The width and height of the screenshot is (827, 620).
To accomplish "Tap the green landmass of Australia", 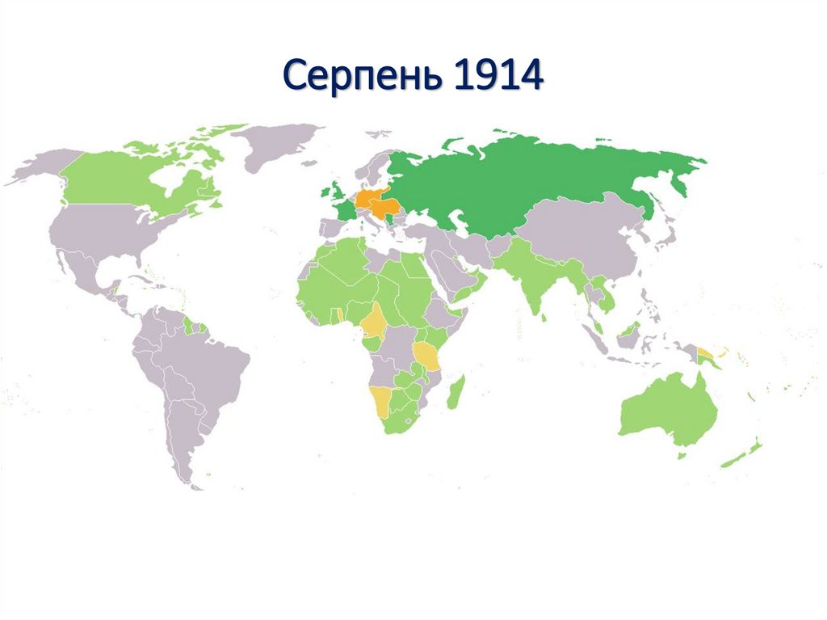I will (666, 412).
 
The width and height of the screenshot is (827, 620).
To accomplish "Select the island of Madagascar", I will (455, 392).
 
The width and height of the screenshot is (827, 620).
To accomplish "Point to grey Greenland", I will (279, 146).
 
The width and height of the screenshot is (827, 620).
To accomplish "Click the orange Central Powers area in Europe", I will (374, 202).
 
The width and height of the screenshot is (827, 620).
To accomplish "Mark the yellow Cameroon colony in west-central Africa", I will (374, 323).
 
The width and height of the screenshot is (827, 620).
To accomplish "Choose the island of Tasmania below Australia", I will (682, 456).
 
